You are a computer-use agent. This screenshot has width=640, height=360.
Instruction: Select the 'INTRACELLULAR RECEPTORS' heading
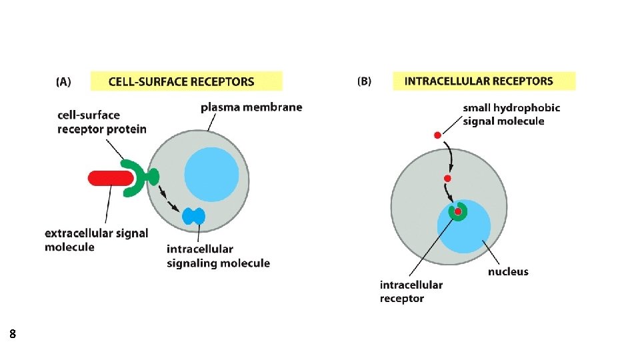coord(479,81)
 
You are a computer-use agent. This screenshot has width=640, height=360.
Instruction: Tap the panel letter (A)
coord(63,82)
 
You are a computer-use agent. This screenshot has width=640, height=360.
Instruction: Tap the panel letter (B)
coord(365,81)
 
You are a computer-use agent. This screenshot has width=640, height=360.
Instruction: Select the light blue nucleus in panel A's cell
coord(211,173)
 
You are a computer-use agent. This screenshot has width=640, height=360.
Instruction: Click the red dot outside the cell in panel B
coord(438,135)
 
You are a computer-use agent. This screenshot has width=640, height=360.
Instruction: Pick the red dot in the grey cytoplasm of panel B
coord(447,178)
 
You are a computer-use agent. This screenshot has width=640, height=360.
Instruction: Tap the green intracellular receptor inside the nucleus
coord(458,212)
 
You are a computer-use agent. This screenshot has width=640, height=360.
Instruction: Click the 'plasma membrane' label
coord(251,107)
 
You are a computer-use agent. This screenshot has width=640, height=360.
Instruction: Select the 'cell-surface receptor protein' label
coord(101,122)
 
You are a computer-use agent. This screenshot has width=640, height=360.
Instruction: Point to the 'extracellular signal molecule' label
coord(96,240)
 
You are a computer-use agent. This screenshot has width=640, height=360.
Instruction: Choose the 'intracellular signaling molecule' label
coord(218,256)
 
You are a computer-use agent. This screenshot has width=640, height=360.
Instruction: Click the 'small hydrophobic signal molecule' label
coord(511,114)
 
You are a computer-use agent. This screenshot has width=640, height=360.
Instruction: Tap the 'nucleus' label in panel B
coord(508,271)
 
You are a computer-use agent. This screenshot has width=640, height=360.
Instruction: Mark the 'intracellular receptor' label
coord(411,291)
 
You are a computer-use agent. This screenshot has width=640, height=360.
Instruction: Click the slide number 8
coord(13,333)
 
